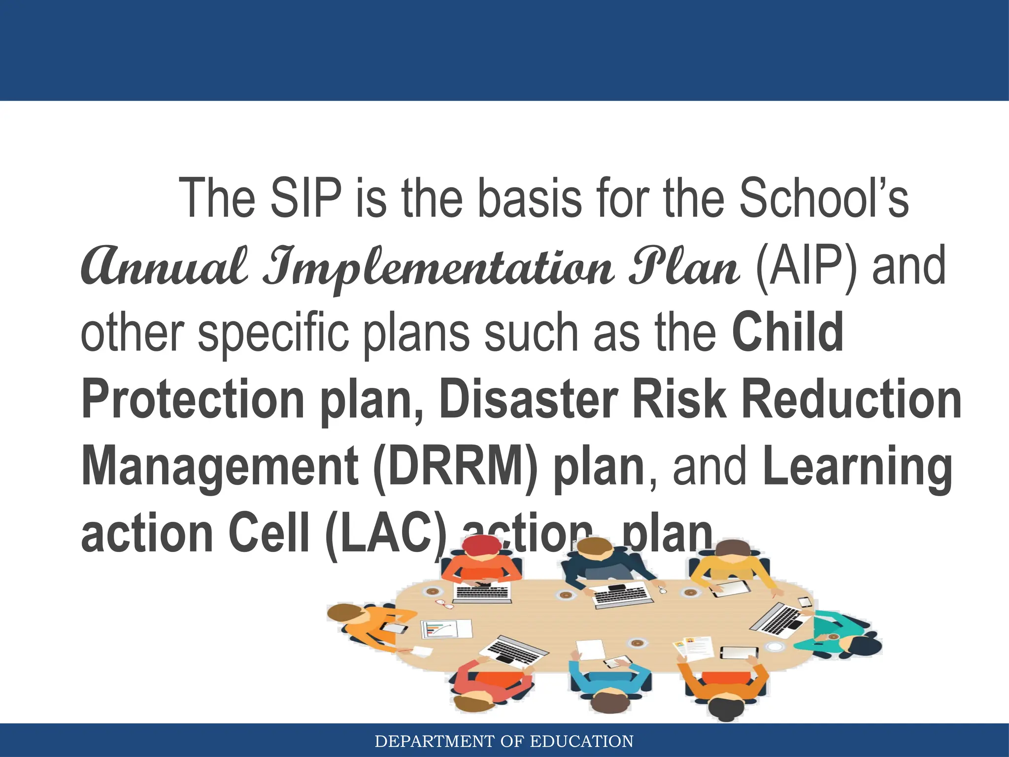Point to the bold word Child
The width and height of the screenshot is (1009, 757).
(788, 333)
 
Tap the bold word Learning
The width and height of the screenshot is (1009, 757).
(857, 466)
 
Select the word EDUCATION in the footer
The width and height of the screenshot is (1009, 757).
(581, 741)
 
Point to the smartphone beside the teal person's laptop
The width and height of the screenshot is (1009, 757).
(805, 602)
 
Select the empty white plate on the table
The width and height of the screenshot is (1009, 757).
(775, 647)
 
